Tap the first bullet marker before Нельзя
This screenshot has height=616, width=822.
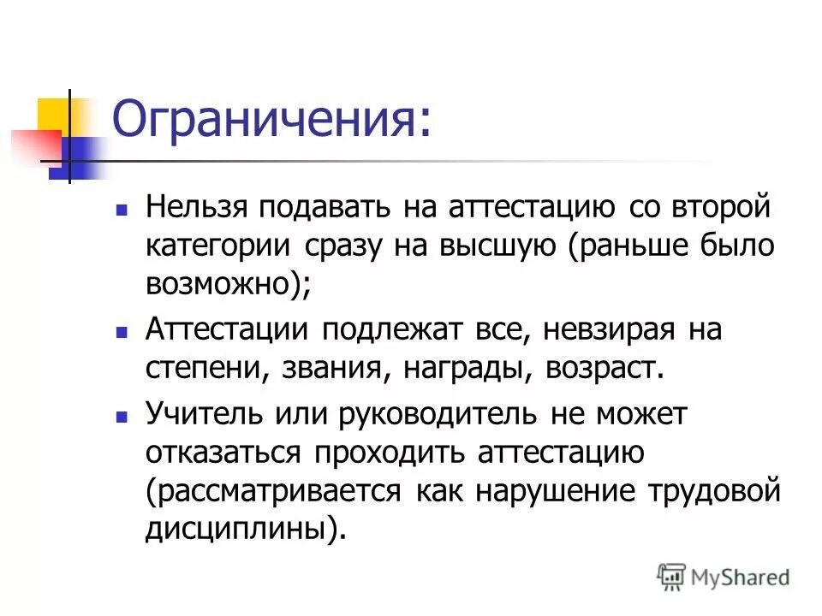tap(122, 208)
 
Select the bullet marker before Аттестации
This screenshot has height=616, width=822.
tap(122, 331)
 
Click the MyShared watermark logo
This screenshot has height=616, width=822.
tap(723, 576)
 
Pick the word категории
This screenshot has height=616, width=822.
tap(218, 246)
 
